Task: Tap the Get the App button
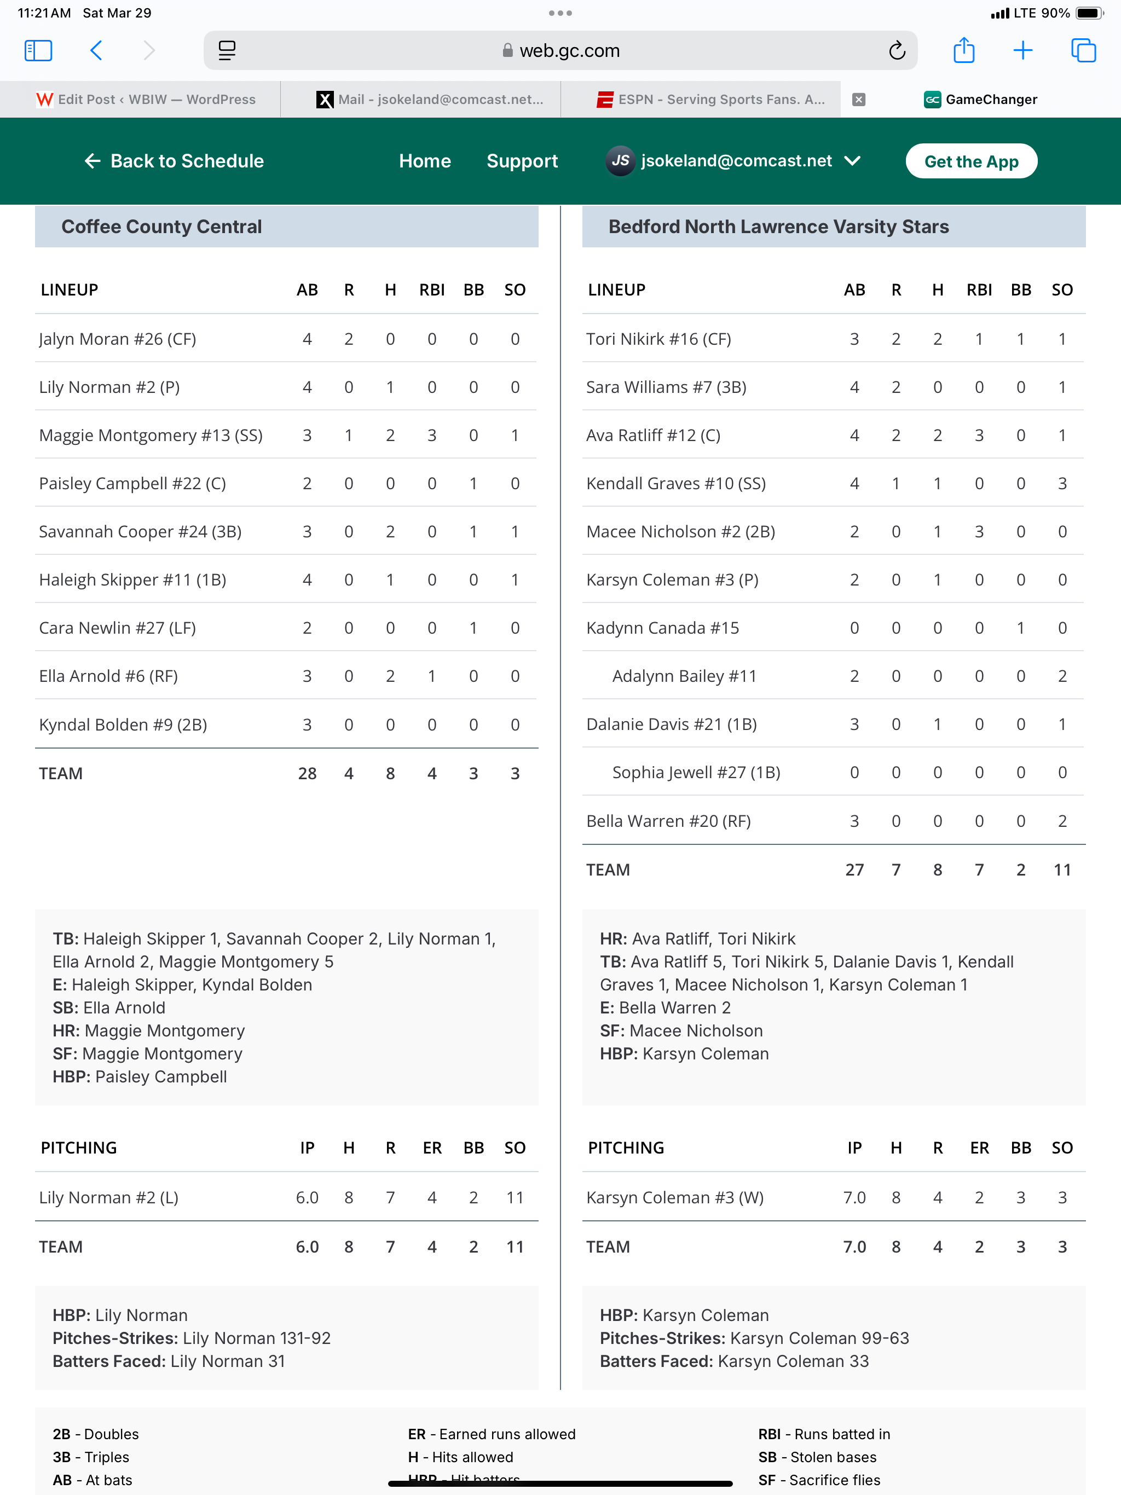tap(971, 161)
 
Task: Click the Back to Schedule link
tap(175, 161)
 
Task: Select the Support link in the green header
tap(522, 161)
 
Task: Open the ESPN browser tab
tap(710, 100)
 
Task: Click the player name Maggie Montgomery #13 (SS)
tap(151, 435)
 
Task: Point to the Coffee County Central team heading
tap(161, 227)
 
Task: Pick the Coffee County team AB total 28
tap(307, 773)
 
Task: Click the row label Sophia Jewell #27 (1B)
tap(696, 773)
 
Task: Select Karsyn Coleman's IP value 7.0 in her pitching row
tap(854, 1198)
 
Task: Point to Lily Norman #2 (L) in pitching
tap(109, 1198)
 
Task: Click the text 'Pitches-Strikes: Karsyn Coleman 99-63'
tap(754, 1338)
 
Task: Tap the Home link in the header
tap(425, 161)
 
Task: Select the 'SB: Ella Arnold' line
tap(109, 1008)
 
